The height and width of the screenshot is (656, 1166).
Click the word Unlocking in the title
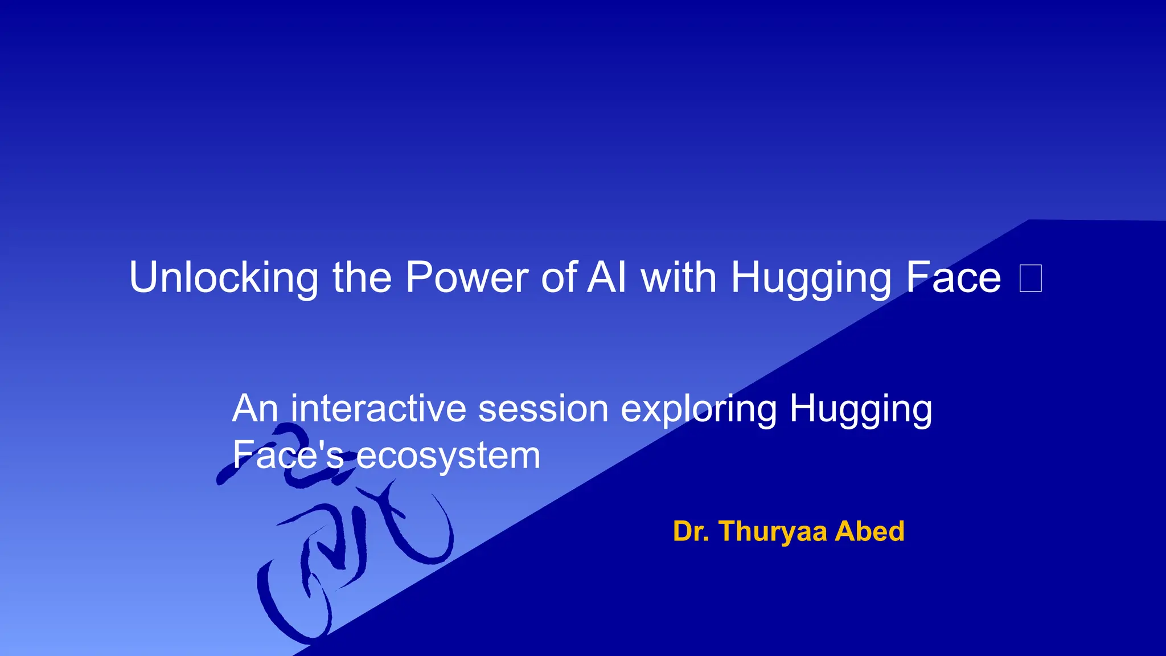click(x=223, y=278)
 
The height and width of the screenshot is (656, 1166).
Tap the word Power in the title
click(x=467, y=278)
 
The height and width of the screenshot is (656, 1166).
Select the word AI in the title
click(x=607, y=278)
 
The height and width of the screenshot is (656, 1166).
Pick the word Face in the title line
click(x=953, y=278)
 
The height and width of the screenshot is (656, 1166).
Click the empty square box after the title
click(x=1030, y=278)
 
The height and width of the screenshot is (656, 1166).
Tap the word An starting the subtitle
click(x=255, y=409)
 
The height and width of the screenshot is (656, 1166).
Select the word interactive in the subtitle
click(x=378, y=409)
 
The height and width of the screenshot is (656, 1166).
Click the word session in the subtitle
click(x=543, y=409)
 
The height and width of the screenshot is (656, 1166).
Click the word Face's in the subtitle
click(x=288, y=455)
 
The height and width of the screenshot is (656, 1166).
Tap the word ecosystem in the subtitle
click(x=448, y=456)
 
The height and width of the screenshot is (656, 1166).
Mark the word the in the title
click(x=362, y=278)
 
